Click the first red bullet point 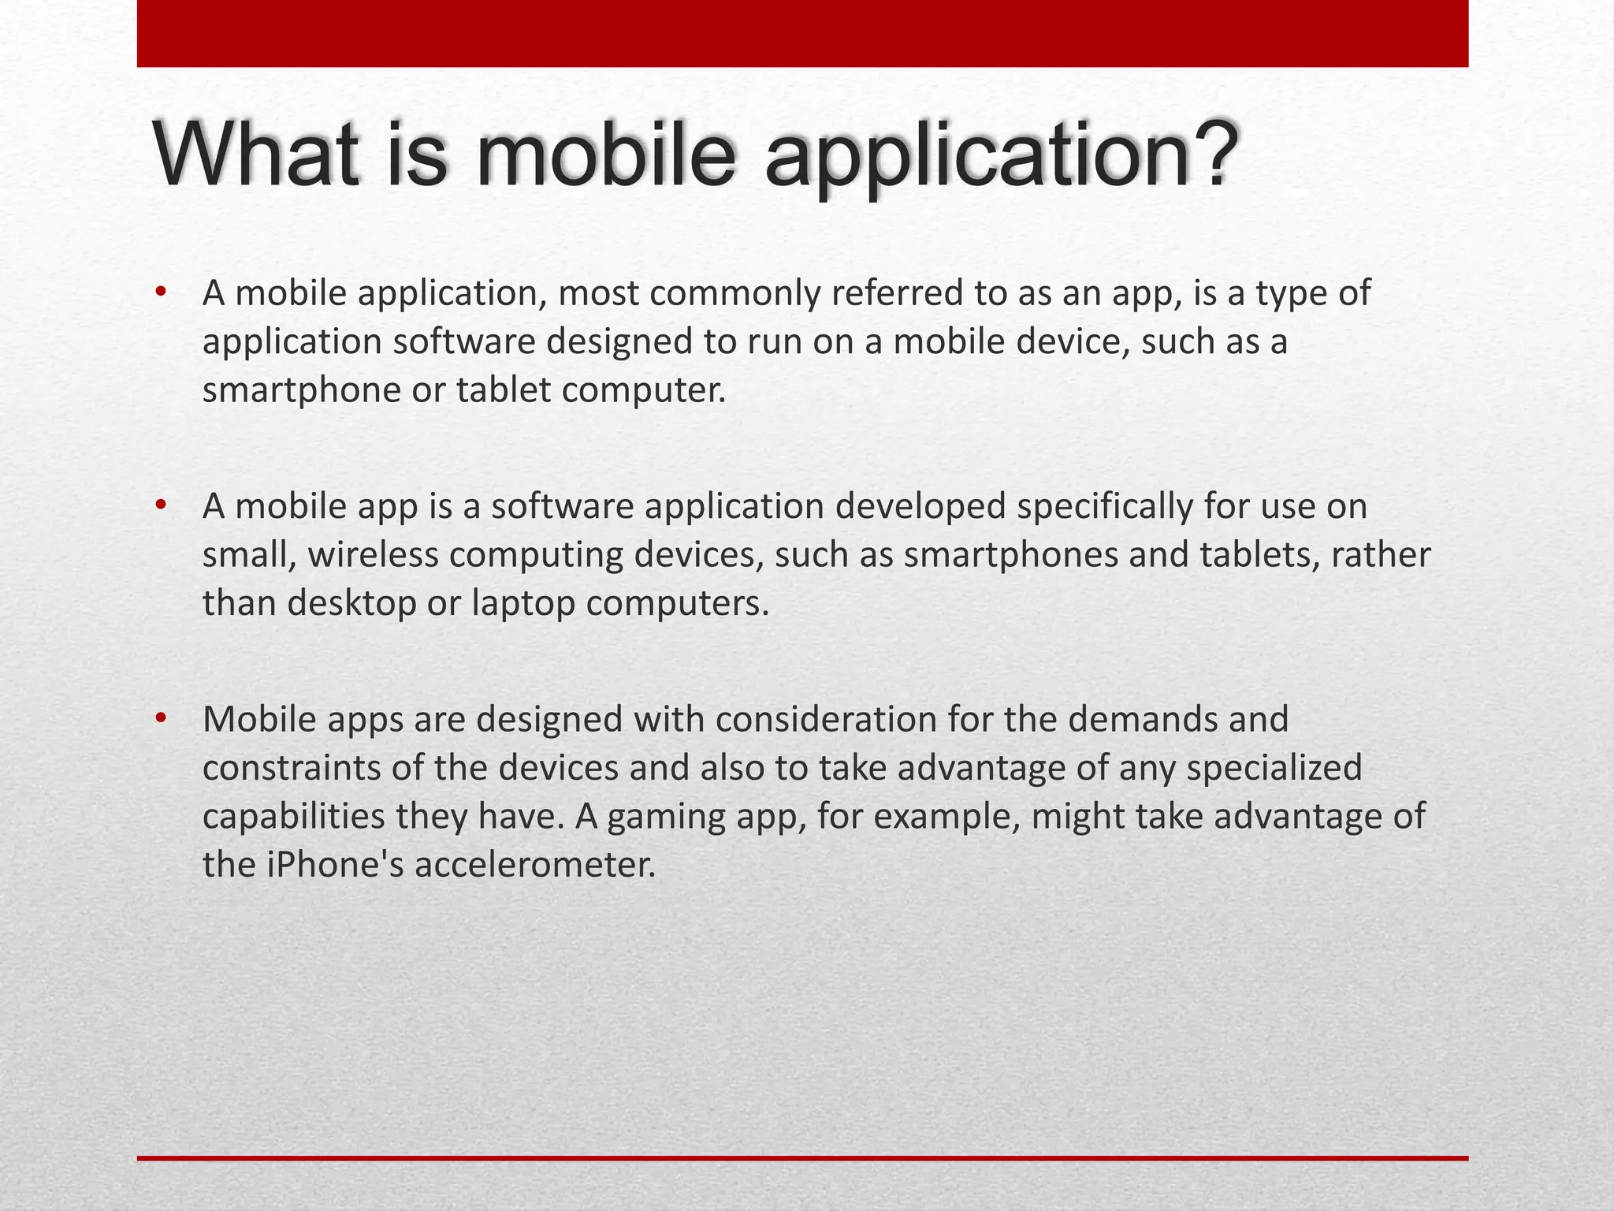coord(162,293)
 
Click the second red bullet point coord(162,505)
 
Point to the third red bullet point coord(162,718)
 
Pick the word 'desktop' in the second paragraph coord(351,604)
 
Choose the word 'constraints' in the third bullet coord(291,768)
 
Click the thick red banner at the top coord(802,33)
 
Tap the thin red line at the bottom coord(802,1158)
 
